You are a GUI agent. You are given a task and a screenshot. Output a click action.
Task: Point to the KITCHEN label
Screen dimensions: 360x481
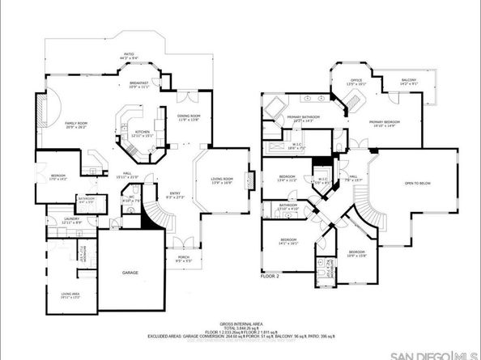[143, 133]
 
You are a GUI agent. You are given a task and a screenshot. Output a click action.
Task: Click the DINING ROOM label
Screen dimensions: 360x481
[188, 117]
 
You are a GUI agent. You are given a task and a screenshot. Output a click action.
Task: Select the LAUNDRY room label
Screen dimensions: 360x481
[56, 219]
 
